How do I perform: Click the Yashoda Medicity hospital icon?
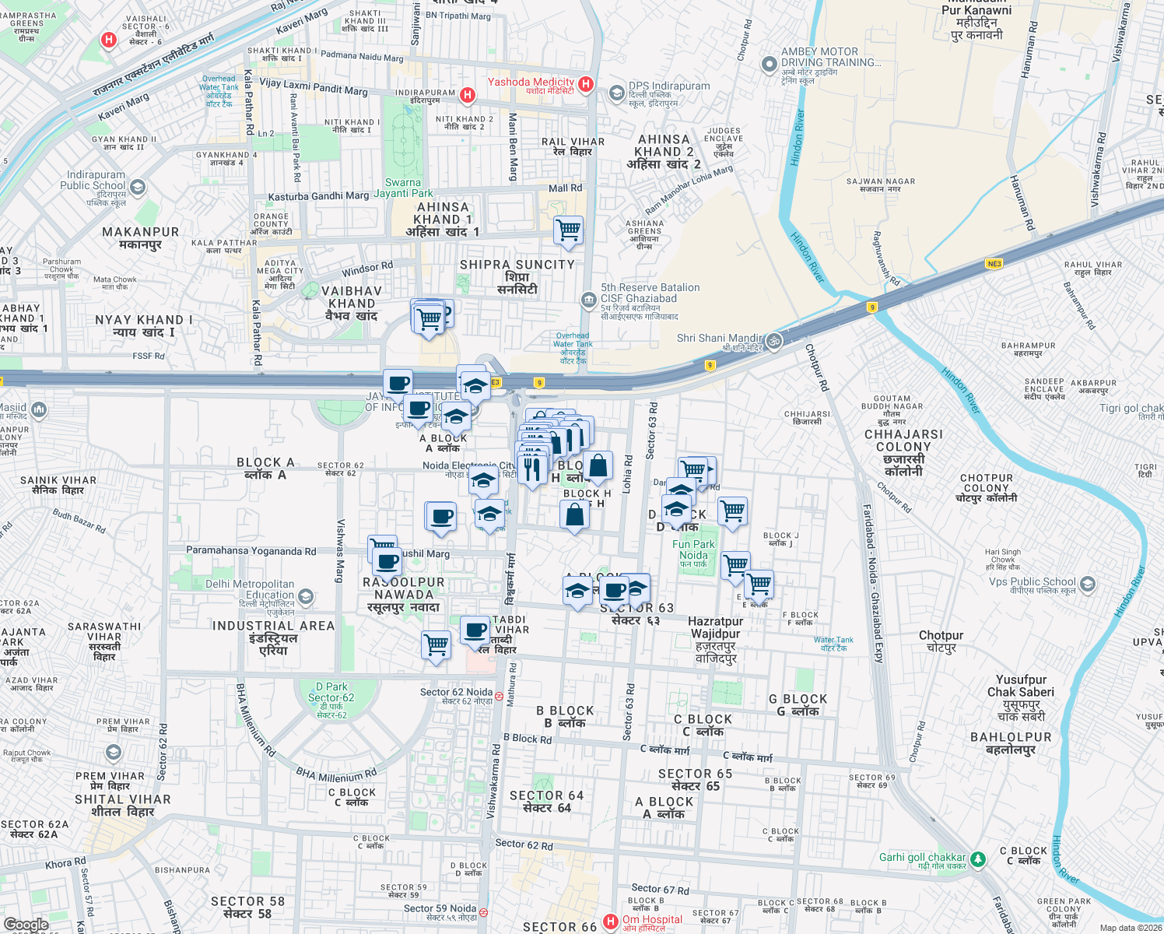[x=586, y=83]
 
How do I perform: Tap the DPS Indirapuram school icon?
[x=616, y=93]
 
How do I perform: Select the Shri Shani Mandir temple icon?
[x=773, y=341]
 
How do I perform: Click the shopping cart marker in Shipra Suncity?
[x=569, y=230]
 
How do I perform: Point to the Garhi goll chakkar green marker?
[x=978, y=859]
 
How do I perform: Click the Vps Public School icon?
[x=1088, y=583]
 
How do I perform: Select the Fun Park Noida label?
[x=693, y=550]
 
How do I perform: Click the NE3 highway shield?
[x=994, y=264]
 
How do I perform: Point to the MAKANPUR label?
[x=141, y=237]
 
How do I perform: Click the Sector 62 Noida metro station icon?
[x=499, y=695]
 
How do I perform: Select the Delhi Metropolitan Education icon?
[x=306, y=597]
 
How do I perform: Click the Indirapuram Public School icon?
[x=138, y=187]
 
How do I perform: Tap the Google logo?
[x=26, y=925]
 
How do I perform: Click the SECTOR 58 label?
[x=247, y=907]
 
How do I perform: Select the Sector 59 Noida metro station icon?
[x=484, y=912]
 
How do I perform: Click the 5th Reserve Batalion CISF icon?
[x=588, y=299]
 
